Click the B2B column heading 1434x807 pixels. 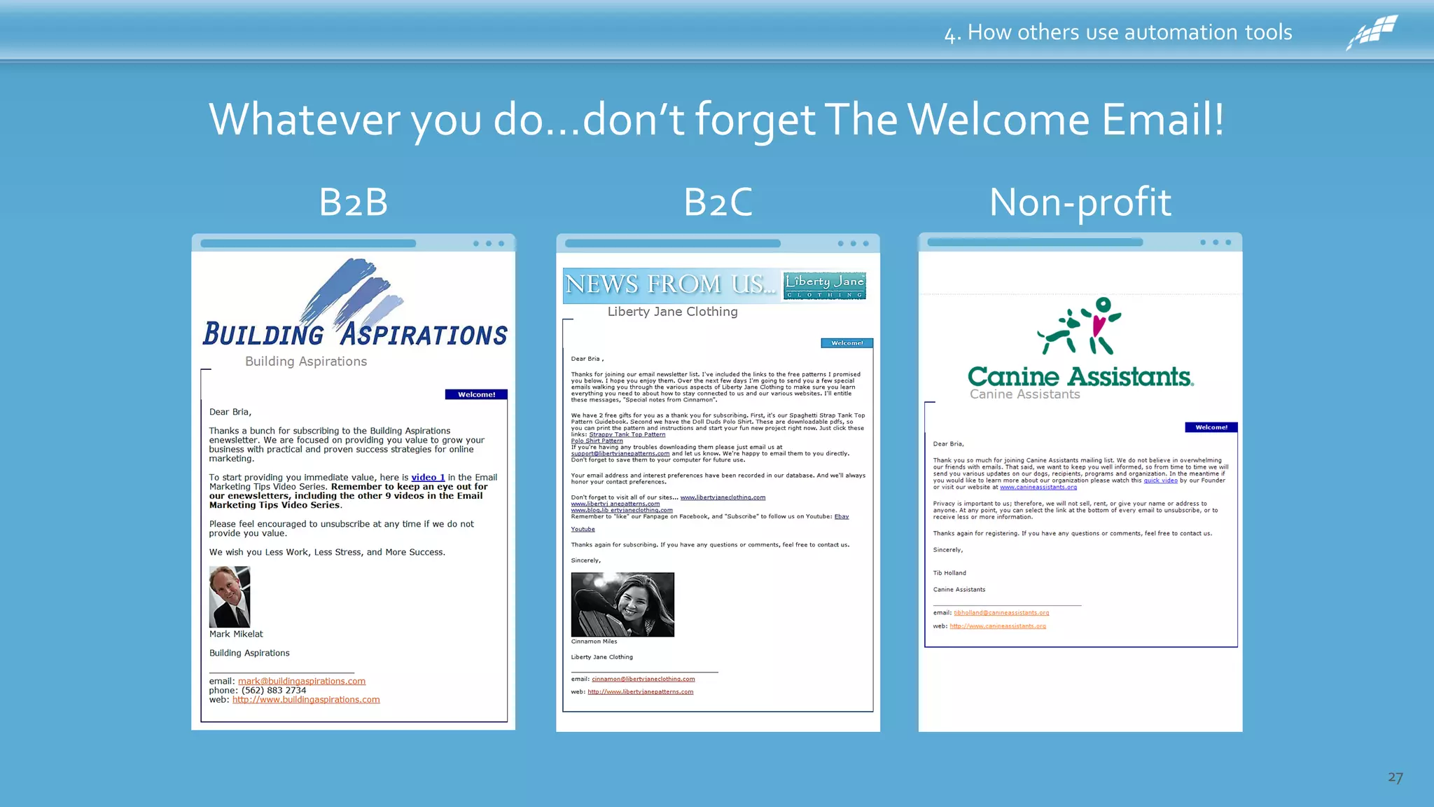(x=353, y=202)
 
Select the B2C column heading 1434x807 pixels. (x=718, y=202)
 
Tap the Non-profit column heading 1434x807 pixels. (x=1080, y=202)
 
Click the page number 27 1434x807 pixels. (x=1395, y=778)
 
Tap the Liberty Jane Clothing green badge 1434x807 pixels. (x=824, y=285)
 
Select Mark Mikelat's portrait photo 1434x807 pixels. (x=230, y=597)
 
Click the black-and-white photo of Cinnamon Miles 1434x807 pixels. (x=622, y=605)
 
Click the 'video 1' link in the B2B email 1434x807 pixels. (x=428, y=478)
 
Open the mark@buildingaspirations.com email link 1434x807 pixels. (x=301, y=681)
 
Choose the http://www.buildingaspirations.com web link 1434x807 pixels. (x=306, y=700)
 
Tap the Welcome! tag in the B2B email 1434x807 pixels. (x=476, y=394)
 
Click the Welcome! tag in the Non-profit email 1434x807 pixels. (x=1211, y=427)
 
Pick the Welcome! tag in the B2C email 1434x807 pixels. (x=847, y=343)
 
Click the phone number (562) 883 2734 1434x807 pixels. (x=274, y=691)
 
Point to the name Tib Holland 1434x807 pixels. (x=949, y=573)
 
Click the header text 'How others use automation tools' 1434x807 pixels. (x=1129, y=32)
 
